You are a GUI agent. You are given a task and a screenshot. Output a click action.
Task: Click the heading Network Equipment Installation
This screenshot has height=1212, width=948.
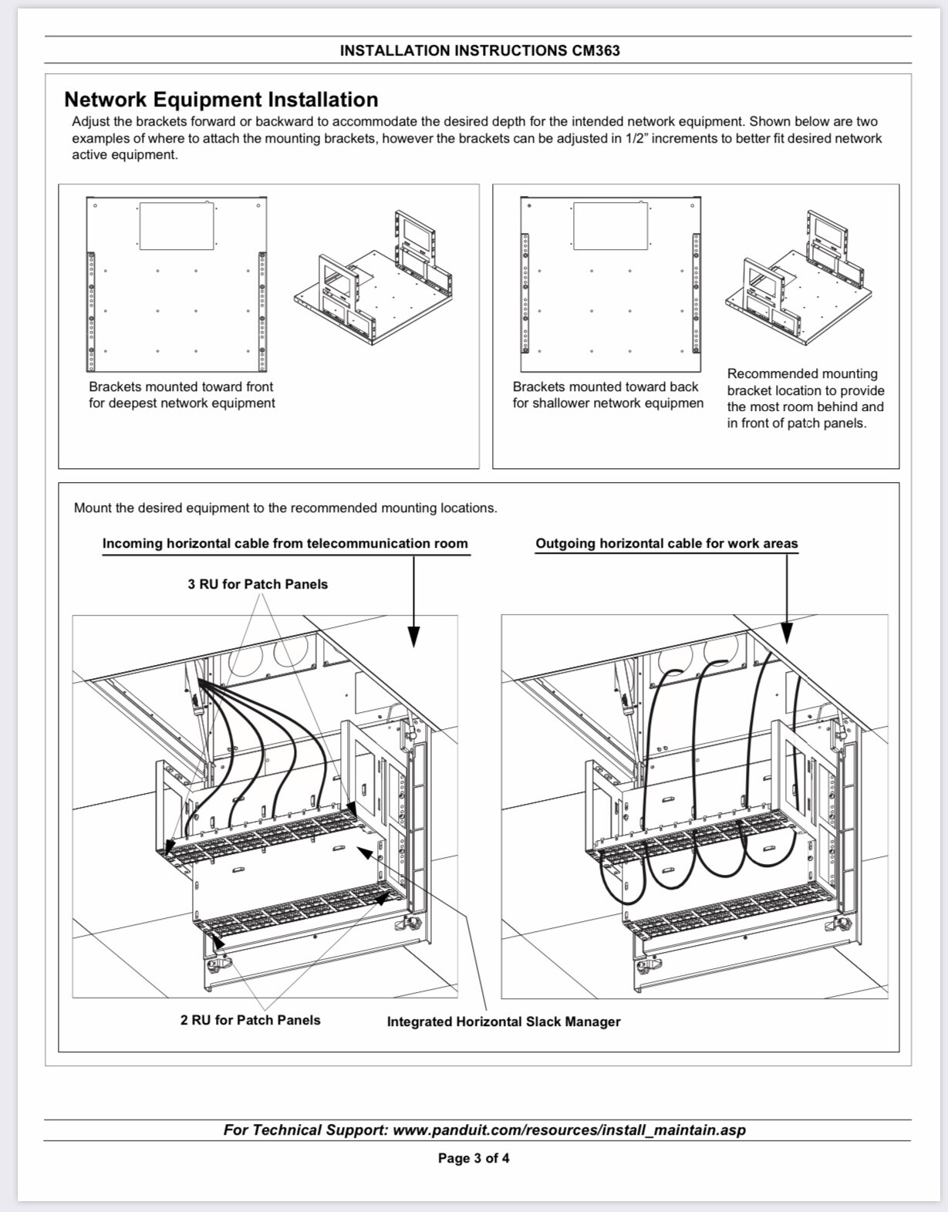point(221,100)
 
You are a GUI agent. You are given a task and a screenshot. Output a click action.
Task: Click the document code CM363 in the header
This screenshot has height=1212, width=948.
point(595,51)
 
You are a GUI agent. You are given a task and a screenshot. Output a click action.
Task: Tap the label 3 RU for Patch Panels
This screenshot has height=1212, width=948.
point(258,584)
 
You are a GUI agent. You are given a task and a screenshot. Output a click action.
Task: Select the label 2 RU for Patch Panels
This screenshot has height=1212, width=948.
point(250,1020)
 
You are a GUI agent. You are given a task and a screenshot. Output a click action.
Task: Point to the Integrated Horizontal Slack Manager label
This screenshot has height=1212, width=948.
point(503,1021)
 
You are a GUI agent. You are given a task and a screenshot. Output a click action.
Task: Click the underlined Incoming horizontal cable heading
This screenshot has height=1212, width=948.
point(285,543)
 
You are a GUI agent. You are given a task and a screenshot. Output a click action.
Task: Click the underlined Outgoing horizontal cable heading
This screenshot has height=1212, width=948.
point(666,543)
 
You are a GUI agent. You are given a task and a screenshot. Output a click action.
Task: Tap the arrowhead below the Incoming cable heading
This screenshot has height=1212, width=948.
point(413,635)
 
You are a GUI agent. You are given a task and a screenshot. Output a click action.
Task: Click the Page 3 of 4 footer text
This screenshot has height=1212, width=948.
point(474,1158)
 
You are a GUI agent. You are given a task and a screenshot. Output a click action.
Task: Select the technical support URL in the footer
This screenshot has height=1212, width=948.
point(569,1130)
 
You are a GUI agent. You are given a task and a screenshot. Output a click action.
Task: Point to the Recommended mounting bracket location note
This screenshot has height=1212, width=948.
point(805,398)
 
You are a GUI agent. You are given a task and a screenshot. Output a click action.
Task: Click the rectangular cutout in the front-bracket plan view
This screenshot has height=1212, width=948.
point(177,226)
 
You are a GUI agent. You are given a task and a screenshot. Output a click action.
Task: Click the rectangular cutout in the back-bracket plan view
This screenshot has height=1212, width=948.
point(610,226)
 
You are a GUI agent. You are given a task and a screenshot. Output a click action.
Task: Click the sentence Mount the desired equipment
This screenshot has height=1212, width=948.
point(285,508)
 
